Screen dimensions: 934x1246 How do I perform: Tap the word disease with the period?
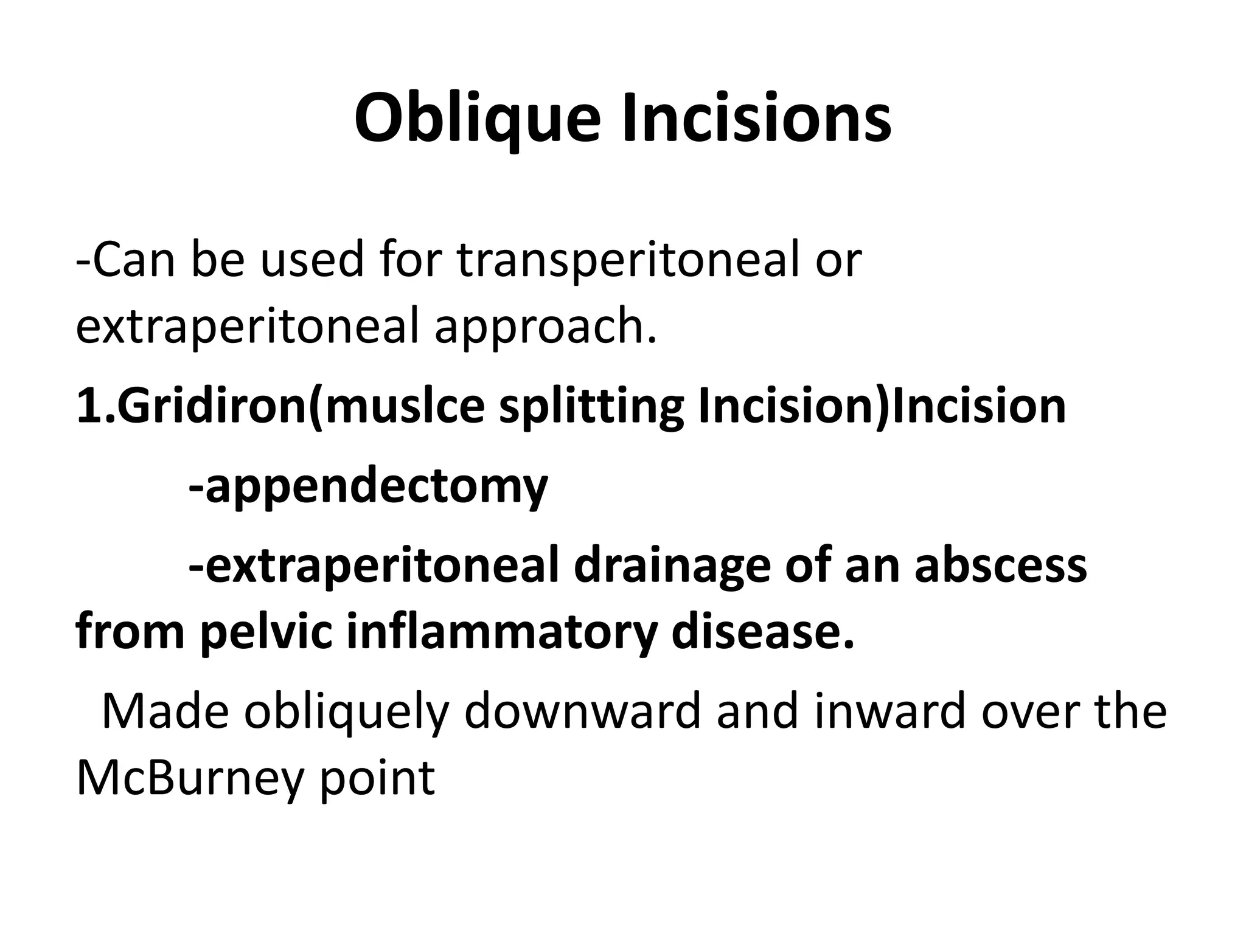tap(763, 632)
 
